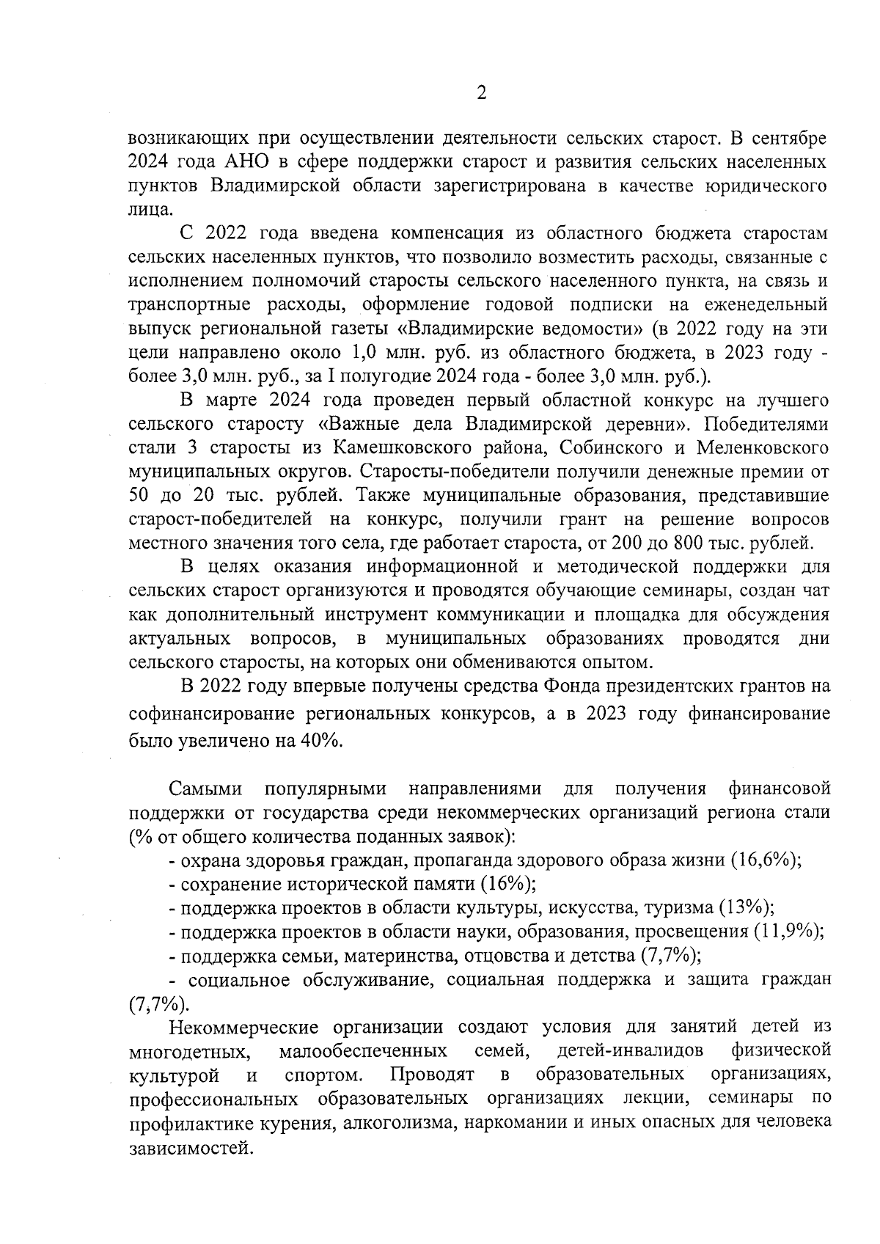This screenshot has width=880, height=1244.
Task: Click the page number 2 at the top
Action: [481, 93]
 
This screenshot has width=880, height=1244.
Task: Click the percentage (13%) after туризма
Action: [746, 908]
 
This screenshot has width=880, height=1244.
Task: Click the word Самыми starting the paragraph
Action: [206, 789]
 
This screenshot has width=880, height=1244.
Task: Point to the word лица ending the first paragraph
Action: [148, 209]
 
